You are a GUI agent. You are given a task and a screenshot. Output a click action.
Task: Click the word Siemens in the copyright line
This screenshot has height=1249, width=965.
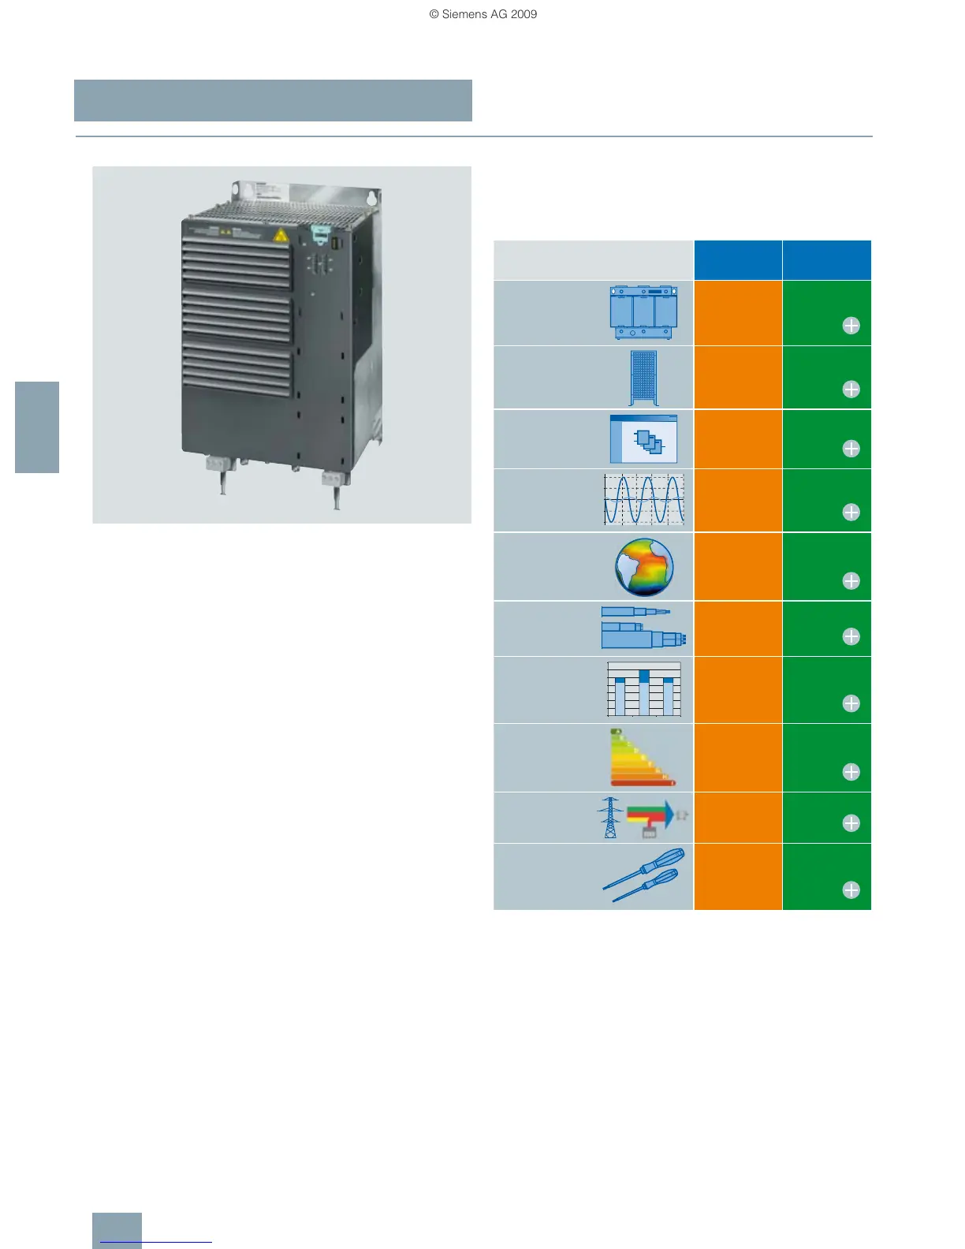point(464,14)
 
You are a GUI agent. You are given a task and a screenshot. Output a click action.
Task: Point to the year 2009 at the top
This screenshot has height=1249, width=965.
point(523,14)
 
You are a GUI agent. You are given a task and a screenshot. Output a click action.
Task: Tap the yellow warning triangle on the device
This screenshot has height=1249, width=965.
point(280,235)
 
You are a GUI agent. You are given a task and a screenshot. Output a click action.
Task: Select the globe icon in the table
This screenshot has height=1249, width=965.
point(644,567)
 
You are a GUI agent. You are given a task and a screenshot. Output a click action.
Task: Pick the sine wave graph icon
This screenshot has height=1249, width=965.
point(644,500)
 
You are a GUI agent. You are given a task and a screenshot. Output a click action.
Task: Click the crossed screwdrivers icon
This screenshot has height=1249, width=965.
point(644,874)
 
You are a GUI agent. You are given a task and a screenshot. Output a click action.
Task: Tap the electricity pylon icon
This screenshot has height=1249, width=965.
point(609,817)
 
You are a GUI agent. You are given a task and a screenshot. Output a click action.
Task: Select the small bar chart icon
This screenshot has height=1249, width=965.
point(644,689)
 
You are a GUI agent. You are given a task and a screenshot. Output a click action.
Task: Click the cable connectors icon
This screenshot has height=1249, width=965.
point(643,628)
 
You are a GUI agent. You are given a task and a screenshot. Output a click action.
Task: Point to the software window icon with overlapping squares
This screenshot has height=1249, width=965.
point(644,439)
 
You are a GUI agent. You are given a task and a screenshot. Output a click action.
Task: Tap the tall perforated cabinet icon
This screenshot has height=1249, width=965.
point(644,378)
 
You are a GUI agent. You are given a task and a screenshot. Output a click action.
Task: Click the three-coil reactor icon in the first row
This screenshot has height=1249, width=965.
point(644,312)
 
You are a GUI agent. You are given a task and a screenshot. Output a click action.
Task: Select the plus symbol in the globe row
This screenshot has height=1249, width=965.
point(851,581)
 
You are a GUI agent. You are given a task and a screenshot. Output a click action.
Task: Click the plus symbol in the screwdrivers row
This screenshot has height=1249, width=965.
point(851,890)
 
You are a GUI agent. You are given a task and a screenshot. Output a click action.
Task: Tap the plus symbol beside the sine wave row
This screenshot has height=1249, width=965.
point(851,513)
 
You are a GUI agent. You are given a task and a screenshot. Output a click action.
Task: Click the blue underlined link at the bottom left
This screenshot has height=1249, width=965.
point(156,1242)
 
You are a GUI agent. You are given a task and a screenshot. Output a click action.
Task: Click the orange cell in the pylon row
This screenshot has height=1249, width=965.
point(738,818)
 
